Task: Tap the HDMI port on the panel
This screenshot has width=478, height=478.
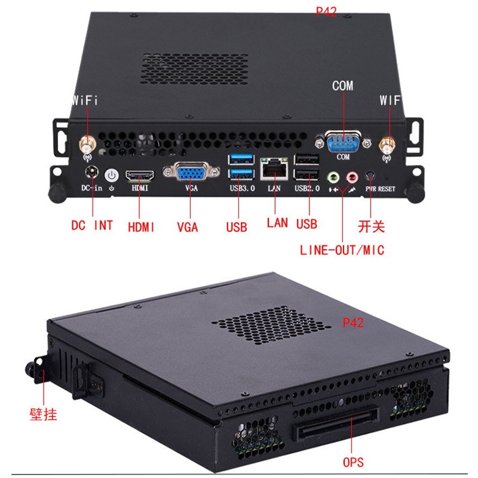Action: pyautogui.click(x=139, y=176)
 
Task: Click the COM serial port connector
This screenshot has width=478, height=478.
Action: pyautogui.click(x=342, y=142)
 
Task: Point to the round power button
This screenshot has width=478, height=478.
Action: pyautogui.click(x=112, y=176)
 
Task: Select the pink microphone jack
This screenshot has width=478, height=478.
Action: pyautogui.click(x=353, y=177)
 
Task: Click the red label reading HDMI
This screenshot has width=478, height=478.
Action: pyautogui.click(x=142, y=226)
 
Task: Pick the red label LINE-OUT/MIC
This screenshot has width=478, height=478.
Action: pyautogui.click(x=342, y=250)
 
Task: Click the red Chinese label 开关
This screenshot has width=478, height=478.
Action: pyautogui.click(x=371, y=226)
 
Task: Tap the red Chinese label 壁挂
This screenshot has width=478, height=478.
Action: pyautogui.click(x=43, y=413)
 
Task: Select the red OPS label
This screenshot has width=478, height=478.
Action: pyautogui.click(x=354, y=462)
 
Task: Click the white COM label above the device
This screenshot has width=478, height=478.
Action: pyautogui.click(x=342, y=86)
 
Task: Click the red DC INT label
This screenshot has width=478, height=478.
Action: pyautogui.click(x=92, y=226)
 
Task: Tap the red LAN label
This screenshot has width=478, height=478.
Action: pyautogui.click(x=277, y=223)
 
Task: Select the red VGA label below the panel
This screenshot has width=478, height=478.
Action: pyautogui.click(x=187, y=227)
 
